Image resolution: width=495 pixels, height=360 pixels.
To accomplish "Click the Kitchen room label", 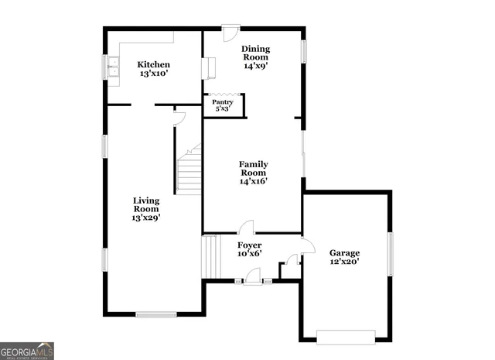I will pyautogui.click(x=154, y=64).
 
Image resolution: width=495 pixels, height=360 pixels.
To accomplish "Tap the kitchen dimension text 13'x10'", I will pyautogui.click(x=154, y=74).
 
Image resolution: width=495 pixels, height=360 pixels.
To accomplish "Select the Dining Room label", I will pyautogui.click(x=255, y=52).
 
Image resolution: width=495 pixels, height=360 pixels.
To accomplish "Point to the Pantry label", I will pyautogui.click(x=223, y=101).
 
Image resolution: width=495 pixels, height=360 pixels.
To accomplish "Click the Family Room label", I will pyautogui.click(x=253, y=168).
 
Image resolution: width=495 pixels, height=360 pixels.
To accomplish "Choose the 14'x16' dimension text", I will pyautogui.click(x=253, y=181).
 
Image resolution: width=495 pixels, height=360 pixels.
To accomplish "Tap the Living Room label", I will pyautogui.click(x=146, y=204).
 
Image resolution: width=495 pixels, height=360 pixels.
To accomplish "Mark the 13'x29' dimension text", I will pyautogui.click(x=146, y=218).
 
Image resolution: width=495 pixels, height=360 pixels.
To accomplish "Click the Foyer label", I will pyautogui.click(x=249, y=245).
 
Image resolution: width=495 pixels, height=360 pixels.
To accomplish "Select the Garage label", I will pyautogui.click(x=345, y=252).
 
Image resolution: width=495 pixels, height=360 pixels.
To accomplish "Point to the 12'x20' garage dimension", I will pyautogui.click(x=345, y=262).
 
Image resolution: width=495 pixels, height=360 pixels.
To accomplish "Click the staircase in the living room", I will pyautogui.click(x=189, y=170).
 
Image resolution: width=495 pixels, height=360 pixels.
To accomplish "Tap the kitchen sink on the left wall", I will pyautogui.click(x=113, y=69).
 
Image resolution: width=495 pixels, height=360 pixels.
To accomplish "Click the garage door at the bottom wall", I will pyautogui.click(x=346, y=337).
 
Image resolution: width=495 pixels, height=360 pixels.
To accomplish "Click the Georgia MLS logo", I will pyautogui.click(x=27, y=350).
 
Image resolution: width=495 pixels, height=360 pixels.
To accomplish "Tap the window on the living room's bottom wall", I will pyautogui.click(x=156, y=314).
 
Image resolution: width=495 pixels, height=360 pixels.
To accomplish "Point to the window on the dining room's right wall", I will pyautogui.click(x=304, y=50).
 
